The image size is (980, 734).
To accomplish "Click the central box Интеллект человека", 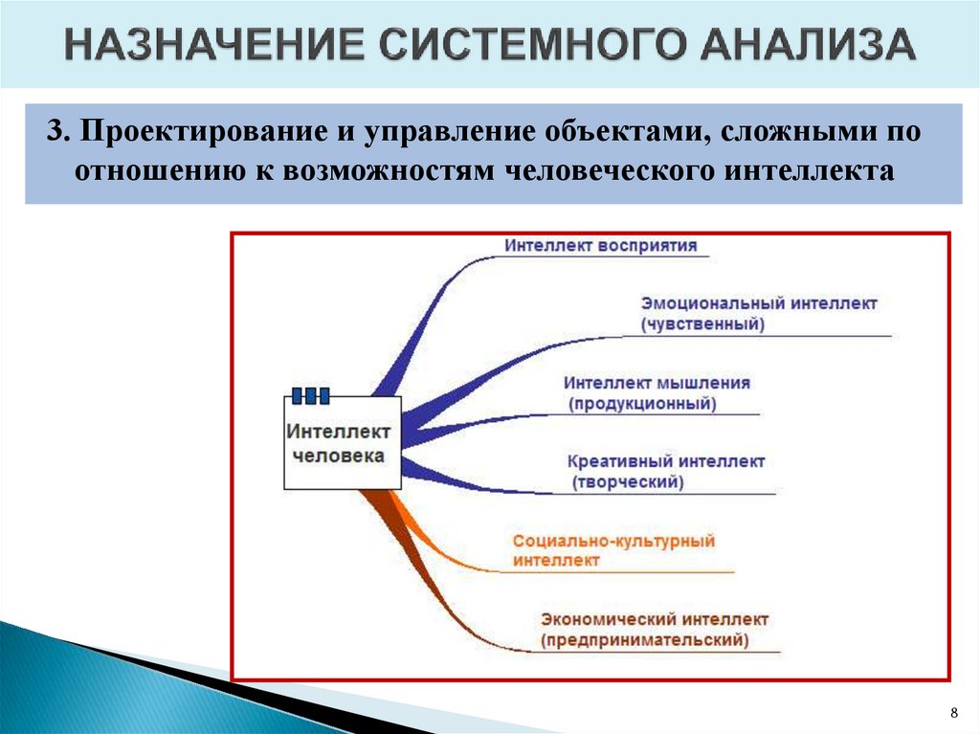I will (x=343, y=443).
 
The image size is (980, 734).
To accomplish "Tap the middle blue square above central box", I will (x=310, y=394).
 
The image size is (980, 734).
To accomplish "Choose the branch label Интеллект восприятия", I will (x=600, y=244).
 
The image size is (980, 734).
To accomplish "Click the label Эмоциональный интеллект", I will (x=758, y=303).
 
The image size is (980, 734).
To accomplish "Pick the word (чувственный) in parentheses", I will (x=702, y=324).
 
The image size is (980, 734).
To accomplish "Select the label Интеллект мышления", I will (x=657, y=382).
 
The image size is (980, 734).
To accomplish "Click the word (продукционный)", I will (x=642, y=403).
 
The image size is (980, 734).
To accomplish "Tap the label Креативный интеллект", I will (x=666, y=461).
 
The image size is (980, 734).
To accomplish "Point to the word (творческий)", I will (x=629, y=482).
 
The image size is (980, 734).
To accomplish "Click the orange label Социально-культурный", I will (x=613, y=541).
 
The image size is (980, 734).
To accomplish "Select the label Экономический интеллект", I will (x=655, y=619).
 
